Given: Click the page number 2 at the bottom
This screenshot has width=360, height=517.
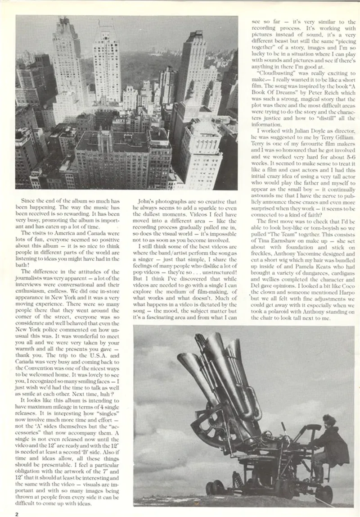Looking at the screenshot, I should tap(17, 514).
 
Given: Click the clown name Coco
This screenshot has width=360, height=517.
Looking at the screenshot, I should tap(347, 285).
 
